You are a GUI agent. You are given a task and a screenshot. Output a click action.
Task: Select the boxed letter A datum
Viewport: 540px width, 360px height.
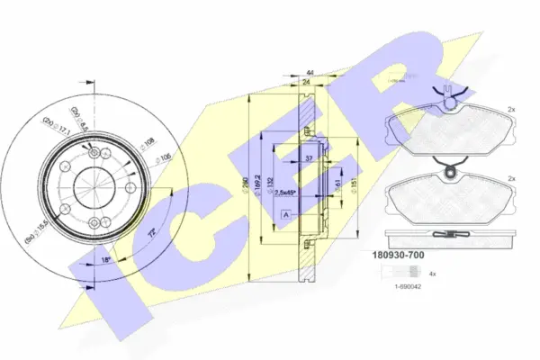coord(284,215)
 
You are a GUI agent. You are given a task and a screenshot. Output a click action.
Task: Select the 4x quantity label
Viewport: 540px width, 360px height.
coord(432,273)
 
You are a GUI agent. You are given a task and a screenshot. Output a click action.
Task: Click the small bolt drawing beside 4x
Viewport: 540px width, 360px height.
coord(395,273)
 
